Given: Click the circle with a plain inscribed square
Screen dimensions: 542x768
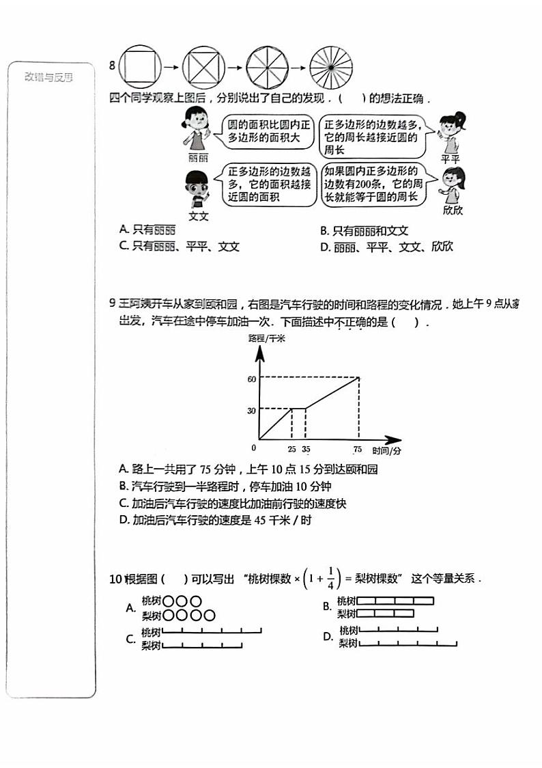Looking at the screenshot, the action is coord(141,67).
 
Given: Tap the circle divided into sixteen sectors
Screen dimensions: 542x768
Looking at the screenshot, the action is coord(331,67).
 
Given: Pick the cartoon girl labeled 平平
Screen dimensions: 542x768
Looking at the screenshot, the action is coord(449,133).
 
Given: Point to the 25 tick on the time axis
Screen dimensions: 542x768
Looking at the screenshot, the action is coord(291,449).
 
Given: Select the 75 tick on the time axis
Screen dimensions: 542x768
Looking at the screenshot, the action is coord(358,449).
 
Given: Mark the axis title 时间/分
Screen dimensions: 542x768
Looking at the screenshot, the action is coord(386,451).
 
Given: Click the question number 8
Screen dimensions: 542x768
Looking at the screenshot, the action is coord(112,66).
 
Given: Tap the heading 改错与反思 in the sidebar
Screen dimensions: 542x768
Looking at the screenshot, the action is coord(48,77).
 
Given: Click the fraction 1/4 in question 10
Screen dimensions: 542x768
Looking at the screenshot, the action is coord(330,578).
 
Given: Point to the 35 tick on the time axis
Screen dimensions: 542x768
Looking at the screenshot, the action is coord(305,449).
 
